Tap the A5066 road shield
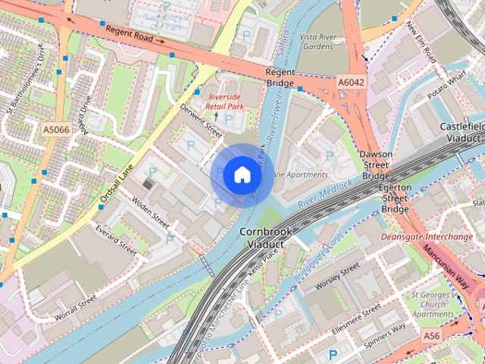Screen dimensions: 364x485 [x=56, y=130]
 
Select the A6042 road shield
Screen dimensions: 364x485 [x=351, y=82]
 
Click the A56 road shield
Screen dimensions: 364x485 [x=431, y=335]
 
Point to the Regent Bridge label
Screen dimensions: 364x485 [x=279, y=77]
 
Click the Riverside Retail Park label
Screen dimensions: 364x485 [x=227, y=102]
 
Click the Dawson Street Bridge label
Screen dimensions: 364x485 [x=376, y=163]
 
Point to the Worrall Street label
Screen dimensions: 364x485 [x=77, y=309]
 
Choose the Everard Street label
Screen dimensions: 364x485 [x=116, y=239]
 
